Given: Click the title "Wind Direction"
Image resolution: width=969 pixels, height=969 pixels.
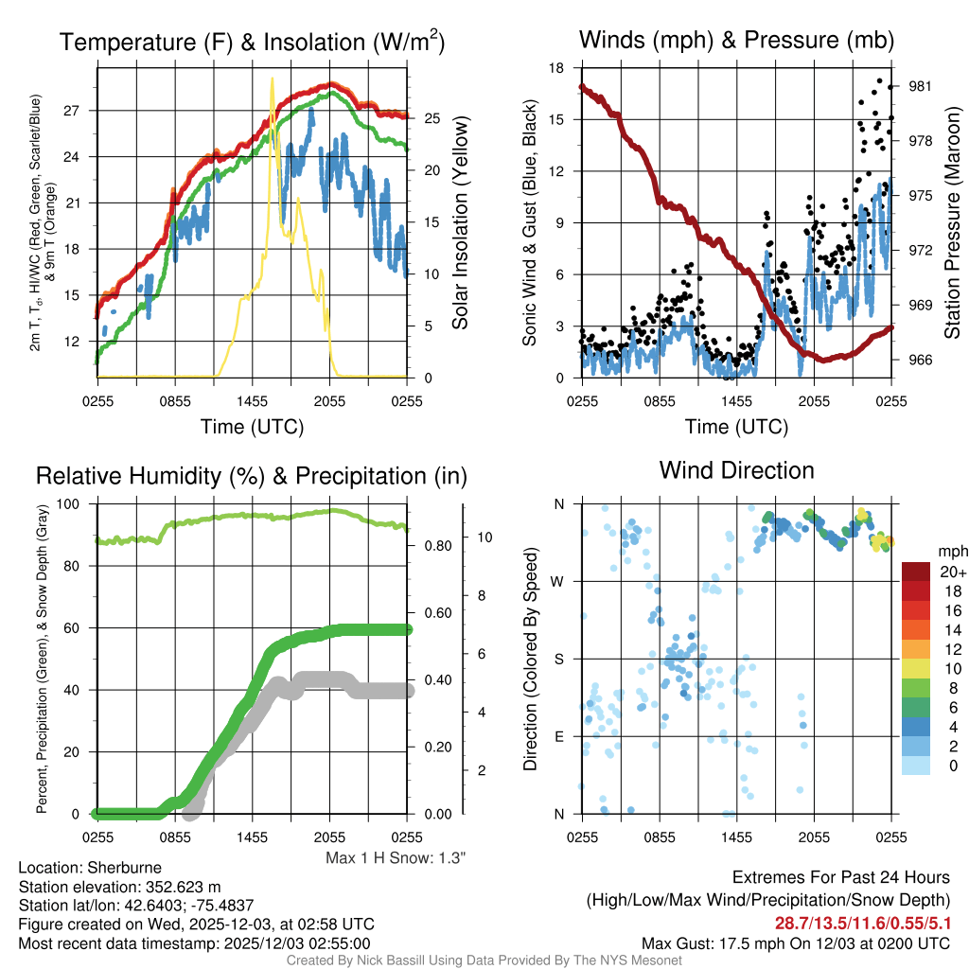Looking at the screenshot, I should pyautogui.click(x=736, y=470).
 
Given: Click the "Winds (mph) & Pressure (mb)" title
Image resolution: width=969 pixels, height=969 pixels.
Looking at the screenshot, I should pyautogui.click(x=736, y=40).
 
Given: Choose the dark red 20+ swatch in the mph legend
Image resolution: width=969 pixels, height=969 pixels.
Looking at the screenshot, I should pyautogui.click(x=917, y=572).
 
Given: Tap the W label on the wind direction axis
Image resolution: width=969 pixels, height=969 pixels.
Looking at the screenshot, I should pyautogui.click(x=558, y=581).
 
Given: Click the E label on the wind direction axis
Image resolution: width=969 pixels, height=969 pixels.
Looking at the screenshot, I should pyautogui.click(x=559, y=736).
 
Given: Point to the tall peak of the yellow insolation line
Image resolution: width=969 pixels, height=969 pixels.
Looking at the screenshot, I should pyautogui.click(x=273, y=80).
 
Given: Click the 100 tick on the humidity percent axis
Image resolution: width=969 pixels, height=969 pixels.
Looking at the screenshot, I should pyautogui.click(x=75, y=504).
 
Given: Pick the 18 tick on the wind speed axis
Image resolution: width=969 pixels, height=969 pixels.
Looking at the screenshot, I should pyautogui.click(x=555, y=68).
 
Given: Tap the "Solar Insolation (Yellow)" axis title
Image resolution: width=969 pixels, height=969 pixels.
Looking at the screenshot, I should pyautogui.click(x=461, y=223).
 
